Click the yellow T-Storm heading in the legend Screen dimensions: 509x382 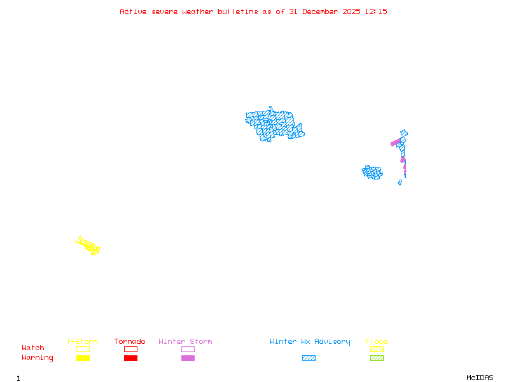pyautogui.click(x=82, y=342)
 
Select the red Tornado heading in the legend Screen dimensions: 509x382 pyautogui.click(x=130, y=342)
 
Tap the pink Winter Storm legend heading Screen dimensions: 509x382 pyautogui.click(x=185, y=342)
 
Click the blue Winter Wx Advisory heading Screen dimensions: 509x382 pyautogui.click(x=310, y=342)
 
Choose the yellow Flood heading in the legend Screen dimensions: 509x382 pyautogui.click(x=377, y=342)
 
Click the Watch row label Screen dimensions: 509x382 pyautogui.click(x=33, y=348)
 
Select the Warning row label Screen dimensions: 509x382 pyautogui.click(x=38, y=358)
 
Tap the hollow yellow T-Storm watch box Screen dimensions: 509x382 pyautogui.click(x=83, y=349)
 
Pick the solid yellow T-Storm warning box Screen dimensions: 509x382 pyautogui.click(x=83, y=358)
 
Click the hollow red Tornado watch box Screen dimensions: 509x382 pyautogui.click(x=130, y=349)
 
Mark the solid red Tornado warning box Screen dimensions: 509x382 pyautogui.click(x=130, y=358)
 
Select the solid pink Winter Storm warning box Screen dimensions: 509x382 pyautogui.click(x=188, y=358)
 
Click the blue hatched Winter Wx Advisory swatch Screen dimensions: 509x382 pyautogui.click(x=309, y=358)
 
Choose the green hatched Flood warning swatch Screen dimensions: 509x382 pyautogui.click(x=377, y=358)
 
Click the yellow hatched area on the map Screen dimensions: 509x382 pyautogui.click(x=88, y=245)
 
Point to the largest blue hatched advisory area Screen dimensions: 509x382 pyautogui.click(x=274, y=124)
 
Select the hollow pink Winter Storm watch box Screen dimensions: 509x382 pyautogui.click(x=188, y=349)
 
